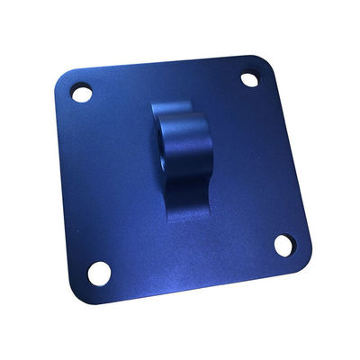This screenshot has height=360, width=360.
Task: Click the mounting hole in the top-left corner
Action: coord(82,93)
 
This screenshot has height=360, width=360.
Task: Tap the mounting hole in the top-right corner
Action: coord(249,80)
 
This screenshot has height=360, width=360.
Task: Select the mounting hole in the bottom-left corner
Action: coord(99,272)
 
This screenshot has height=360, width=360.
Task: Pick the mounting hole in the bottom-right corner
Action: coord(283,245)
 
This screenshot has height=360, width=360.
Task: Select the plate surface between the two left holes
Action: coord(90,180)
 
